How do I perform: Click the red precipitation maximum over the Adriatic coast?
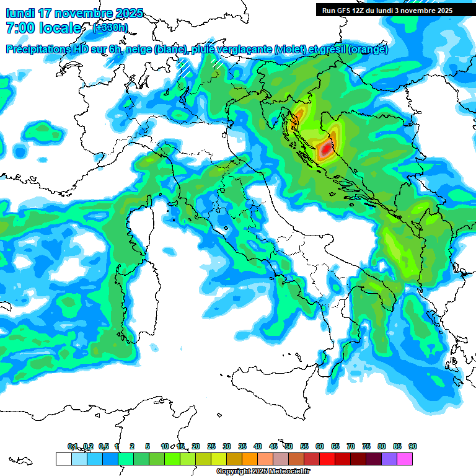(325, 149)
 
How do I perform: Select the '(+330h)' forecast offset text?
(110, 27)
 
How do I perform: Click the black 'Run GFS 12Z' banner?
(387, 10)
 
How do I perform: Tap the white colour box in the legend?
(63, 459)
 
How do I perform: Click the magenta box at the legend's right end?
(405, 459)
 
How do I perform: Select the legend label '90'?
(412, 446)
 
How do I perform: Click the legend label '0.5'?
(103, 446)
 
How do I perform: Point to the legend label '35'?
(242, 446)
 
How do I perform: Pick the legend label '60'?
(319, 446)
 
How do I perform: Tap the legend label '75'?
(366, 446)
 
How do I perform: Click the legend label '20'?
(195, 446)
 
